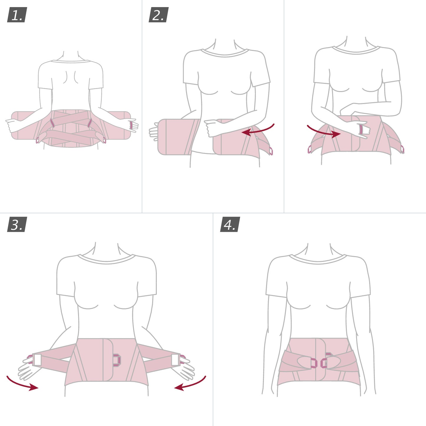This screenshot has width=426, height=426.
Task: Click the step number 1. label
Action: click(17, 15)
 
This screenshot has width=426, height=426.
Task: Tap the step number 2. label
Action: click(158, 15)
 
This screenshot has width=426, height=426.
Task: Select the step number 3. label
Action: click(17, 224)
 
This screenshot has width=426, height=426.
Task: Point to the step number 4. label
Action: click(230, 224)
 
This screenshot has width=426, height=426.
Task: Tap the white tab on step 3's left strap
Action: click(37, 360)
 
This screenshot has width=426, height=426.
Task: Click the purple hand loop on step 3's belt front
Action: click(117, 360)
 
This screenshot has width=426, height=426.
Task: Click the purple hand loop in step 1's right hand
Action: click(131, 124)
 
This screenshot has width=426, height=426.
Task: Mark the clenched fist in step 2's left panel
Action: click(213, 128)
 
